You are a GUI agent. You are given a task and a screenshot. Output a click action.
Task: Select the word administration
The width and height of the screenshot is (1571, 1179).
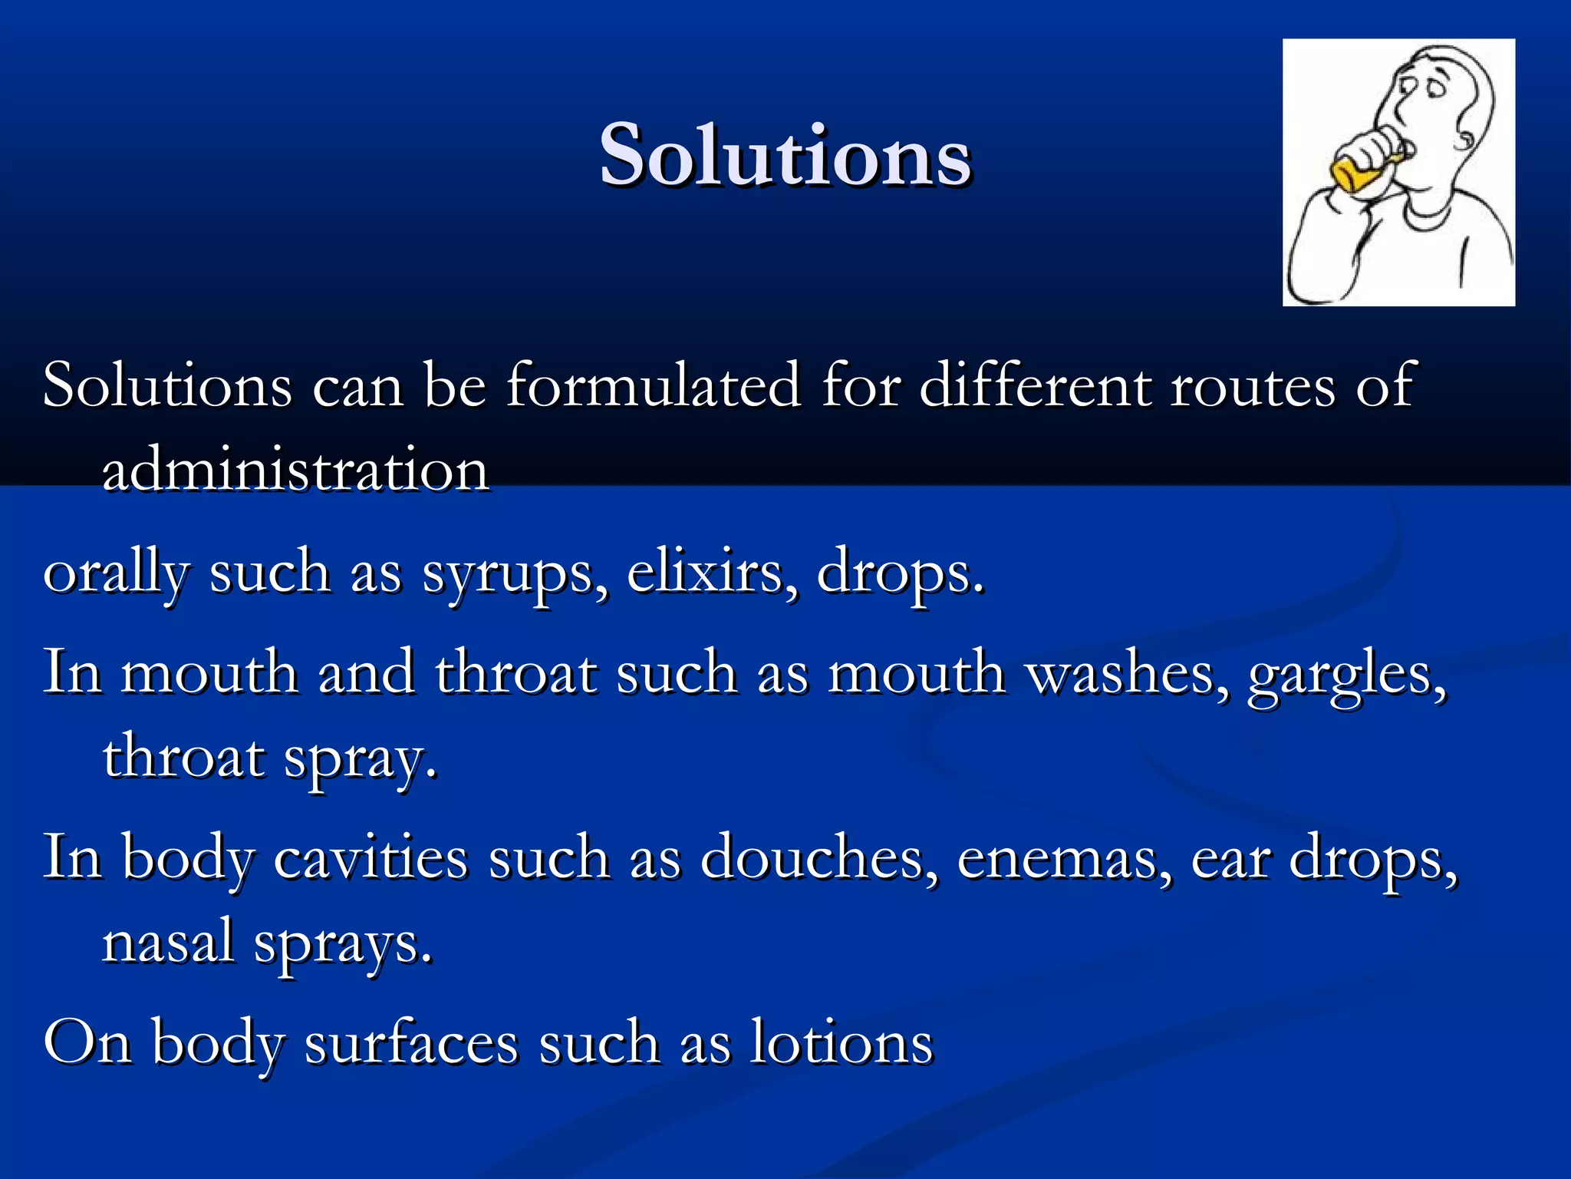(295, 470)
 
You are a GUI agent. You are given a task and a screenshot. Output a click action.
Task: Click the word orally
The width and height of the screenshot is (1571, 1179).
(116, 574)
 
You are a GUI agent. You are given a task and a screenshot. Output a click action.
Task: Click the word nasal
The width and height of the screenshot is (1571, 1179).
(168, 942)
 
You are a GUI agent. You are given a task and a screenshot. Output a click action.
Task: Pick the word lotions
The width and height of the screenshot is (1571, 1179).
(841, 1042)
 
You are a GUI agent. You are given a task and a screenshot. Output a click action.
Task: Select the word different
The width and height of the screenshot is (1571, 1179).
(1035, 385)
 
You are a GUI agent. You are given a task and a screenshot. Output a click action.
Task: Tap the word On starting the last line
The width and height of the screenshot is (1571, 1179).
(87, 1042)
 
